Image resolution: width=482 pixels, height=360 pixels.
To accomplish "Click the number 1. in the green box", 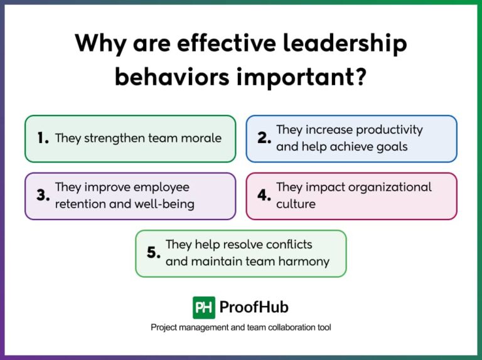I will click(43, 139).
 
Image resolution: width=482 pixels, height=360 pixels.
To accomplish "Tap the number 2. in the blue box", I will click(264, 139).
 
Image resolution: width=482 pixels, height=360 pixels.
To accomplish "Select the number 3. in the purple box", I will click(43, 196).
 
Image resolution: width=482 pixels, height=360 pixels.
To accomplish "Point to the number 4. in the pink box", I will click(264, 196).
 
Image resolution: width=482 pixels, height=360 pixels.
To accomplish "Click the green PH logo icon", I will click(204, 307).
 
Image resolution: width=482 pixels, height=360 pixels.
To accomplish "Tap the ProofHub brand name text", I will click(254, 307).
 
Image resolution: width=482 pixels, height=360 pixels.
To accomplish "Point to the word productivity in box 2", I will click(389, 130).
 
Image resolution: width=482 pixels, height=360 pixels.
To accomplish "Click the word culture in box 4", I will click(296, 204).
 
